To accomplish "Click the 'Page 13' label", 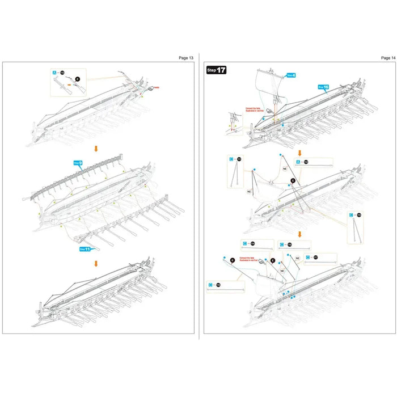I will (x=186, y=57).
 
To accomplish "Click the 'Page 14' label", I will (x=388, y=57).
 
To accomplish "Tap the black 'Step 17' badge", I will (x=216, y=71).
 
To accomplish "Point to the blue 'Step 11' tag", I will (x=85, y=248).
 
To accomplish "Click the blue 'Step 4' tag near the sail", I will (x=290, y=75).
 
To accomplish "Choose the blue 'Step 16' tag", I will (x=323, y=87).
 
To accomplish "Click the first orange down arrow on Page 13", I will (x=96, y=149).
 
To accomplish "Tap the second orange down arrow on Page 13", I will (x=96, y=263).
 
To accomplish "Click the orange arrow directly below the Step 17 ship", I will (x=299, y=153).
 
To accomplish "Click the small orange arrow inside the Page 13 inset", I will (x=69, y=85).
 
